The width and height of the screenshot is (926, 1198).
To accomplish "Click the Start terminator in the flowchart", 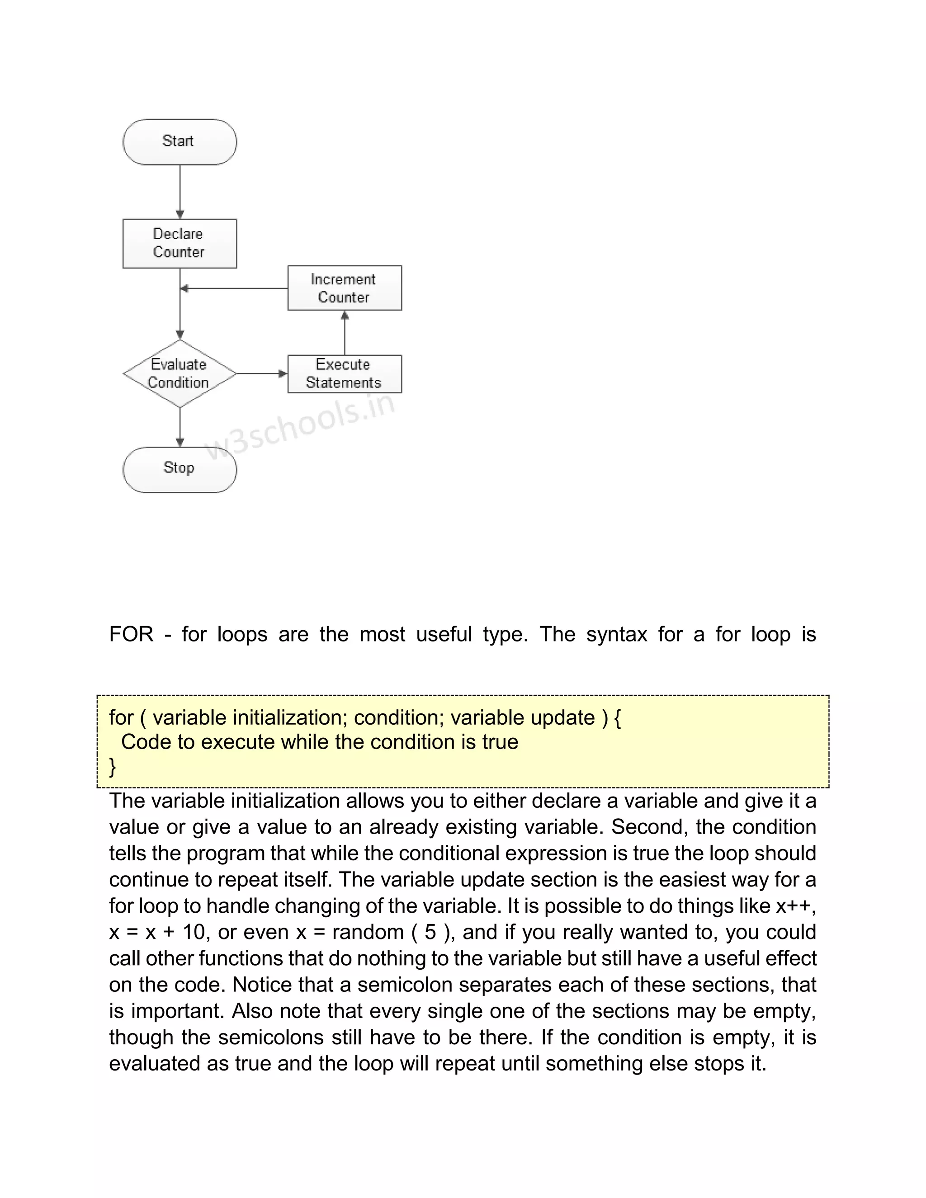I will [x=180, y=141].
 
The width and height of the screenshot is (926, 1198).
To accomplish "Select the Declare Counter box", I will [x=180, y=244].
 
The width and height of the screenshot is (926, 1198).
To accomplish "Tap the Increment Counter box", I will [x=345, y=288].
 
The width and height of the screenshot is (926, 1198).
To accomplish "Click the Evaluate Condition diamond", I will [x=180, y=373].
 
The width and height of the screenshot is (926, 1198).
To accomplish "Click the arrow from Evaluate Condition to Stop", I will [x=180, y=427].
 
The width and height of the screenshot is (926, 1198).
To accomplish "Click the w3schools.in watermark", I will [x=300, y=427].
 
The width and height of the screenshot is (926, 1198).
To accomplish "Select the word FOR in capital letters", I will [x=131, y=635].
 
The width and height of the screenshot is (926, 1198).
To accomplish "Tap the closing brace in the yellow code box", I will [x=113, y=766].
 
